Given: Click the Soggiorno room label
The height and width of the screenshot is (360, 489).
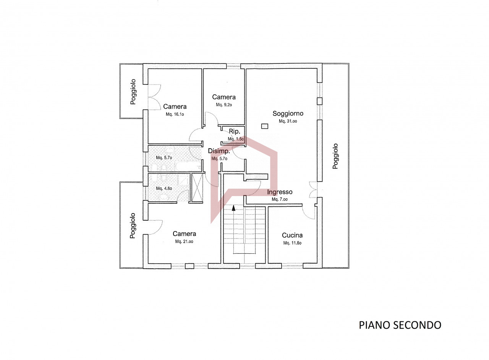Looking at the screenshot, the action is pos(288,114).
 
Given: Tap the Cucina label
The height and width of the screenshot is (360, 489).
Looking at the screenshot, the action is pos(292,235).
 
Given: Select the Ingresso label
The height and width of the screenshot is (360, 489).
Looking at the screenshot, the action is pos(280,192).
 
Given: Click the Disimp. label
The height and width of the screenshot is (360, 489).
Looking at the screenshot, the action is pos(219,151).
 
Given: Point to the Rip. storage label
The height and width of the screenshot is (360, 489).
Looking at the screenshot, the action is pos(235,131).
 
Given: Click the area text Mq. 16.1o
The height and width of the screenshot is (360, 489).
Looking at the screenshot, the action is pos(175,114).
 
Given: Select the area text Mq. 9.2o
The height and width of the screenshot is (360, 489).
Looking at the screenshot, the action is pos(224,105).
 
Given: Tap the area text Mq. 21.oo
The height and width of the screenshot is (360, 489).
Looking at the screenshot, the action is pos(184,242).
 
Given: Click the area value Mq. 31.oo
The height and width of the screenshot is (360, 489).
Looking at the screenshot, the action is pos(288,121).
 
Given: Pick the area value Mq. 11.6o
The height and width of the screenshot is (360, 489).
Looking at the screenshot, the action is pos(292,243).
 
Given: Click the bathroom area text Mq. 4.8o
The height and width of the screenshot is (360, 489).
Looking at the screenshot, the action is pos(164,188).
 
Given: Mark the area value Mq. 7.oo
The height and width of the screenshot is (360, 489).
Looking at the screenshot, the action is pos(280,199).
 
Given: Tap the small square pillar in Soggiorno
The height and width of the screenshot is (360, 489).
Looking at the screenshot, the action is pos(265,126).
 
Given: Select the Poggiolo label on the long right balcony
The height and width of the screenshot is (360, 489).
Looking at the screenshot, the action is pos(335,156).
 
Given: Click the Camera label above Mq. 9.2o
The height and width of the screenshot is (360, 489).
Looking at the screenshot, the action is pos(224,97).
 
